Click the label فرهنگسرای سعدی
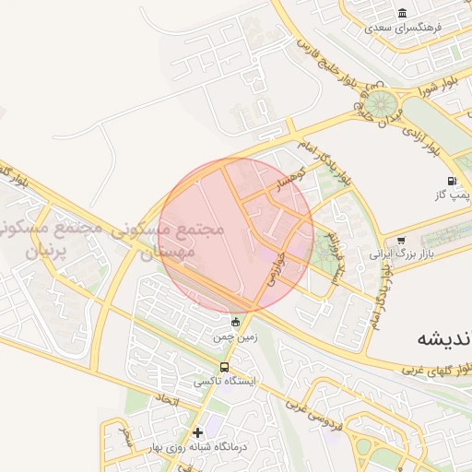click(405, 28)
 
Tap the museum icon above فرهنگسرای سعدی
click(402, 13)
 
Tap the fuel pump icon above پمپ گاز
click(453, 180)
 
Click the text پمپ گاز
click(453, 195)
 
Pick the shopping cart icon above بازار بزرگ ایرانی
click(400, 241)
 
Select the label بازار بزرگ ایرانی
click(400, 254)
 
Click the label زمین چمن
click(234, 337)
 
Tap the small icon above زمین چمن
click(235, 322)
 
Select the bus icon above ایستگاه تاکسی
click(226, 367)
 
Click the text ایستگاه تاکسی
click(227, 381)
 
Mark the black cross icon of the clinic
click(197, 432)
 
